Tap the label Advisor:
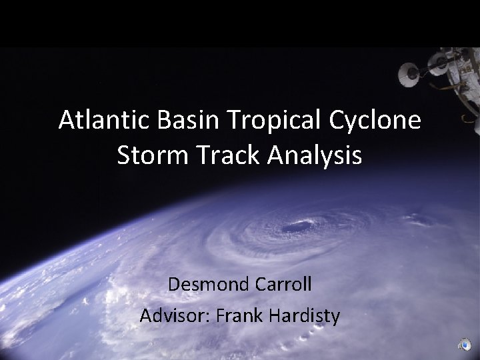pyautogui.click(x=172, y=315)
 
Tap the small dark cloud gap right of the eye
pyautogui.click(x=418, y=219)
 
